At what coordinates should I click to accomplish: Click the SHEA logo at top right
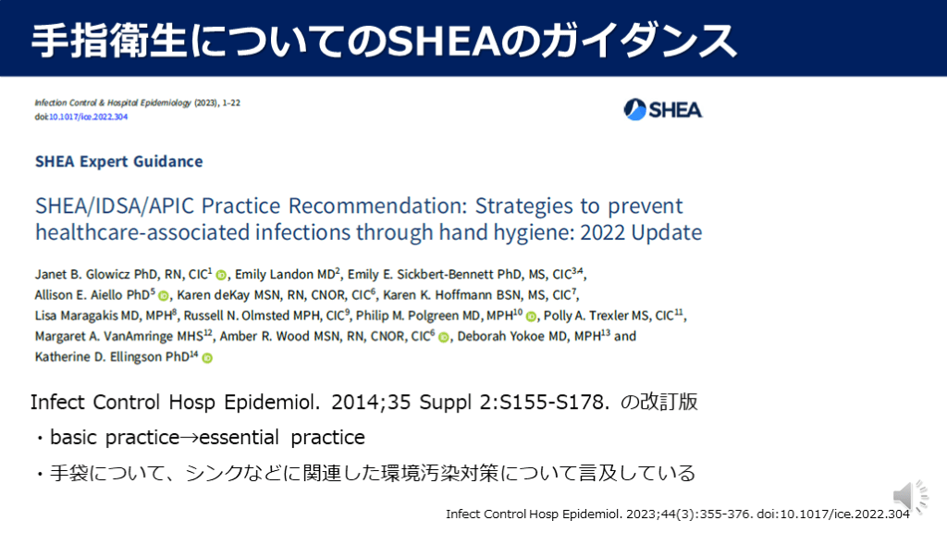(662, 109)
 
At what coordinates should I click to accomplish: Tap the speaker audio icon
(910, 497)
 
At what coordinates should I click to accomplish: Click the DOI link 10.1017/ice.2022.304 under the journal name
(88, 117)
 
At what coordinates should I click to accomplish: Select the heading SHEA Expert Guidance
(119, 161)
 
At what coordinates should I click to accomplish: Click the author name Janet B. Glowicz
(82, 274)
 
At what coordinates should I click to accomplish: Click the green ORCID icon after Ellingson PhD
(207, 358)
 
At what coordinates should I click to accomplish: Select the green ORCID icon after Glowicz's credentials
(221, 276)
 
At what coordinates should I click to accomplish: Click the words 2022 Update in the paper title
(641, 232)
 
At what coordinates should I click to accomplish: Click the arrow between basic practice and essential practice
(189, 438)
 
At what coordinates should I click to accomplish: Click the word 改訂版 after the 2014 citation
(670, 402)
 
